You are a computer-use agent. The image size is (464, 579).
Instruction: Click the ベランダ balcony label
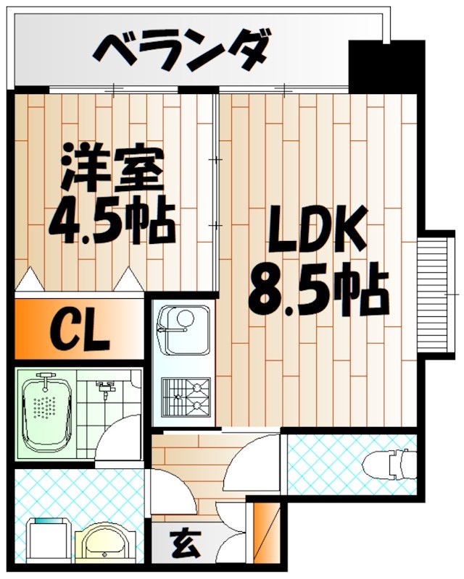183,51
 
